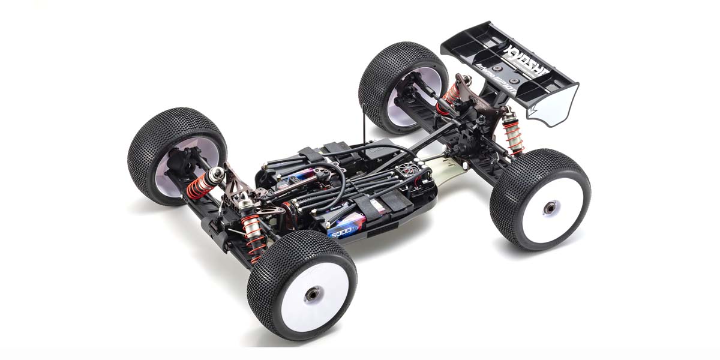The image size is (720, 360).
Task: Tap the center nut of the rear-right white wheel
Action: point(548,208)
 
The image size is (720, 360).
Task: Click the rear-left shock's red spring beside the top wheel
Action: point(452,95)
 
